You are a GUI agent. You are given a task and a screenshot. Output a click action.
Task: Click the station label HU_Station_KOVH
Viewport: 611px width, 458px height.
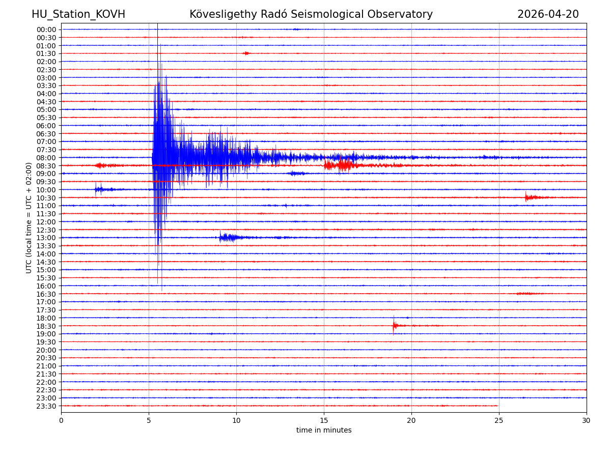coord(78,14)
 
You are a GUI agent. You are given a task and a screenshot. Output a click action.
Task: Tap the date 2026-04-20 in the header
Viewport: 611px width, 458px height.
coord(548,14)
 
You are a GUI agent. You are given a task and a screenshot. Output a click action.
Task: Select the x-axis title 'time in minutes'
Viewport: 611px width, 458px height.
coord(324,431)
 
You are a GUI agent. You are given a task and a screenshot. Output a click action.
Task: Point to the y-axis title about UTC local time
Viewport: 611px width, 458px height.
coord(29,218)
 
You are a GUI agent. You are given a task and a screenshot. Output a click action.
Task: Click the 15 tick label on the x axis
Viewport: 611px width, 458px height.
coord(324,420)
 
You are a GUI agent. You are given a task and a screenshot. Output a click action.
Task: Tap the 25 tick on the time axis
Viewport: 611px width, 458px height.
coord(499,420)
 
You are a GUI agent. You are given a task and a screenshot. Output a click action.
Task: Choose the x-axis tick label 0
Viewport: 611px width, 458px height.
coord(61,420)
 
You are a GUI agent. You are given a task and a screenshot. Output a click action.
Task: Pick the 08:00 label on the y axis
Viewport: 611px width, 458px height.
coord(46,158)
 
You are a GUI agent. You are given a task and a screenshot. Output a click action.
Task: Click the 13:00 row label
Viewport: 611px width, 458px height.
coord(46,238)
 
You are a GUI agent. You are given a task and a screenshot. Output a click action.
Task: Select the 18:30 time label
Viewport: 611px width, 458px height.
coord(46,326)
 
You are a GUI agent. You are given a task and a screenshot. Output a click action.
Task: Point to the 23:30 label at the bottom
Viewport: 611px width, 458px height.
coord(46,406)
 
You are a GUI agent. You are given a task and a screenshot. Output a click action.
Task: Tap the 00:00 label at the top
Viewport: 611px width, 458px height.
coord(46,30)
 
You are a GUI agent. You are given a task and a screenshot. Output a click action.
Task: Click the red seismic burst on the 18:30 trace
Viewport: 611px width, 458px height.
coord(395,325)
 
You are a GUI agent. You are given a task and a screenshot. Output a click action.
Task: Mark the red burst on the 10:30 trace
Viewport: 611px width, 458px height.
coord(530,197)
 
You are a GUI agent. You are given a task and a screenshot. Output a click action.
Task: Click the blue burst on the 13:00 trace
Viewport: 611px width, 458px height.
coord(227,237)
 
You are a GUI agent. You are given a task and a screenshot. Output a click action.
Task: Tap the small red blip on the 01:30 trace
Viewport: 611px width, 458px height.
coord(246,53)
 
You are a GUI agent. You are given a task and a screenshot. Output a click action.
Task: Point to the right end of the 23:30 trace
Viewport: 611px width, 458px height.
coord(497,406)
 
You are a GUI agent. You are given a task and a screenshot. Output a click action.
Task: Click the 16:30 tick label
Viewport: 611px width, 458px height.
coord(46,294)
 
